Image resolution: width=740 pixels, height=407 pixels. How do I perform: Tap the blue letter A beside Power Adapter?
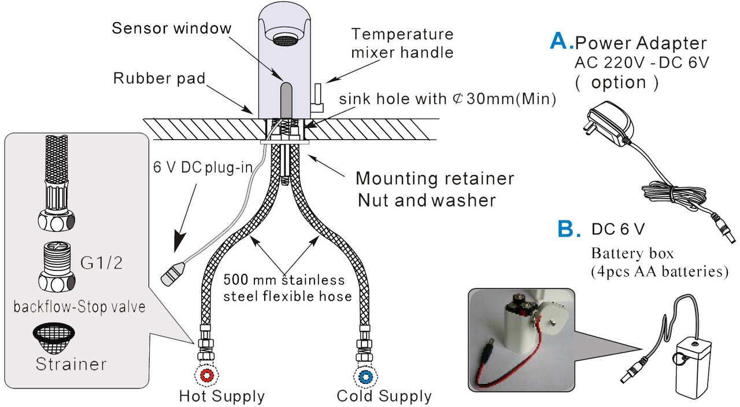pyautogui.click(x=561, y=40)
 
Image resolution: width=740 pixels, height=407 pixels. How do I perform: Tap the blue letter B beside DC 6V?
pyautogui.click(x=569, y=229)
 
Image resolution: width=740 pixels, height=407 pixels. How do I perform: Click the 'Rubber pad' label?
pyautogui.click(x=159, y=78)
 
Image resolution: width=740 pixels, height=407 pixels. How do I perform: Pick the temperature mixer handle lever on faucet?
pyautogui.click(x=318, y=96)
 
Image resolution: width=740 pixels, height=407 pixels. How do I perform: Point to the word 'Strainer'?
pyautogui.click(x=71, y=364)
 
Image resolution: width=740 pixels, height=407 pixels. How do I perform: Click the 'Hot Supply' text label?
pyautogui.click(x=222, y=397)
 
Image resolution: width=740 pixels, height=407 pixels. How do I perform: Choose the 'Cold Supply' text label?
pyautogui.click(x=384, y=397)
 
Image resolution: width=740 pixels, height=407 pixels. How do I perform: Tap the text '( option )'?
pyautogui.click(x=616, y=82)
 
